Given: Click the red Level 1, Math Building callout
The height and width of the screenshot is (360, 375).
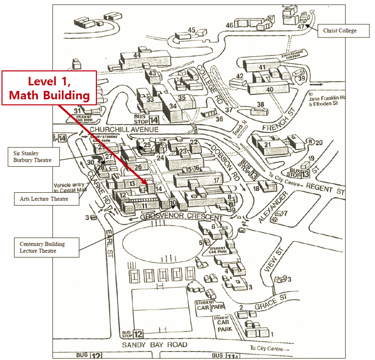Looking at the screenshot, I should (49, 88).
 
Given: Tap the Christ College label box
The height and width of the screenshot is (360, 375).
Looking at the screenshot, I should (340, 30).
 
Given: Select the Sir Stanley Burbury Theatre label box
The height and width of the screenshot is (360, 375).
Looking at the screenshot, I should (33, 157).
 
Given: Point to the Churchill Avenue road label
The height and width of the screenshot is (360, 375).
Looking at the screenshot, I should (124, 130).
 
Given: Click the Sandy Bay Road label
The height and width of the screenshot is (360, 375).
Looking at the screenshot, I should (155, 345).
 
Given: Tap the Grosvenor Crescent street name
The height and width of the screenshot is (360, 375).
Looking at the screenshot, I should (181, 218).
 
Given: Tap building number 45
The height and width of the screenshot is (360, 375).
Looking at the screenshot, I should (191, 30).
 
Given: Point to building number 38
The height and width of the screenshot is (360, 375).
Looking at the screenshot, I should (260, 104).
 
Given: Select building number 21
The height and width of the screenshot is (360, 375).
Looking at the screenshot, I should (267, 145).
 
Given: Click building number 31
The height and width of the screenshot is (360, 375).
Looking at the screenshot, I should (77, 111).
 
